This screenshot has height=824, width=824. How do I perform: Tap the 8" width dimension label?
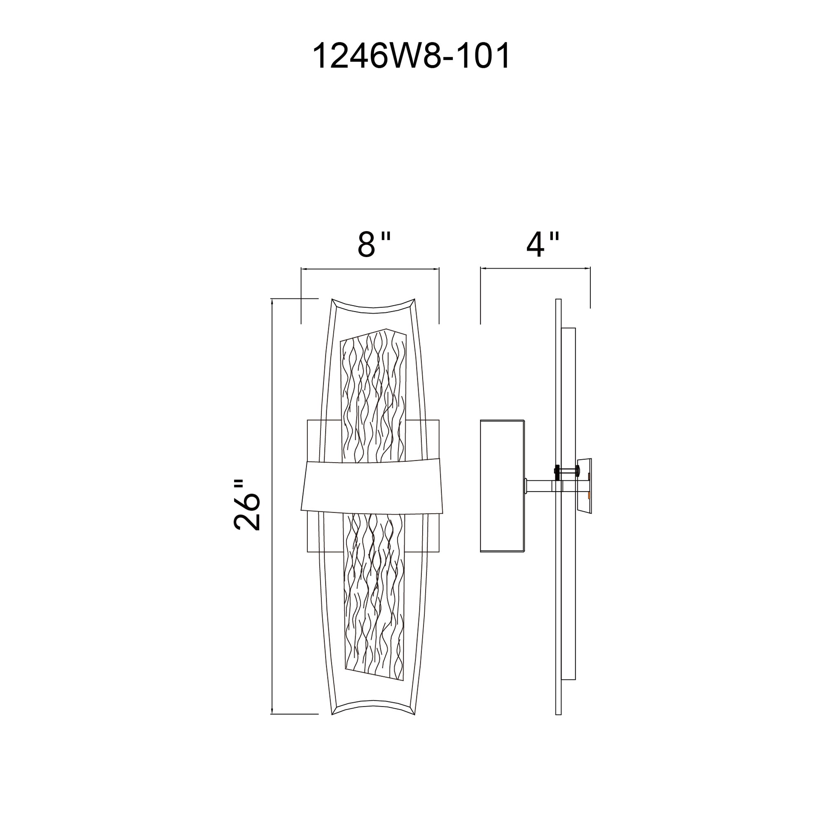[374, 246]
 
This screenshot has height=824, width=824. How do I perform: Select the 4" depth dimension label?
[542, 246]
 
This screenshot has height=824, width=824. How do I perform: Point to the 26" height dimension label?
[247, 506]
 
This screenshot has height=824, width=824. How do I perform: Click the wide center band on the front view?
[372, 487]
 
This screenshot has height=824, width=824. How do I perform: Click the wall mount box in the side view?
[502, 486]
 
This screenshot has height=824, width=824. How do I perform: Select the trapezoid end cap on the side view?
[585, 486]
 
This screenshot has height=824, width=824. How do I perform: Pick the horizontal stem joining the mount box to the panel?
[540, 486]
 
